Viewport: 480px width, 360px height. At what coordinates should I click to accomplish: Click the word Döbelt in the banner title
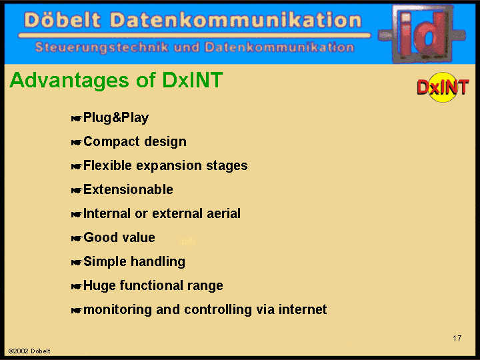(x=62, y=20)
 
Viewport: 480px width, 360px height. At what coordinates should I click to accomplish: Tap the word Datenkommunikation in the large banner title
(x=236, y=20)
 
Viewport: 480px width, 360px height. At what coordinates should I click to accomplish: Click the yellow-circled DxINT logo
(x=443, y=87)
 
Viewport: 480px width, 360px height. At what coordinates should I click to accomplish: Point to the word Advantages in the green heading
(x=69, y=80)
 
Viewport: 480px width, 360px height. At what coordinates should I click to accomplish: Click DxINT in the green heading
(x=192, y=80)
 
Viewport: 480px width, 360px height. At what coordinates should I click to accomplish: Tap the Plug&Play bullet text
(x=116, y=117)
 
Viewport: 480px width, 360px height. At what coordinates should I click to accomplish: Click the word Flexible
(x=107, y=165)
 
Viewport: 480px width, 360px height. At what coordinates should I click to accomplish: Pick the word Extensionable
(x=128, y=189)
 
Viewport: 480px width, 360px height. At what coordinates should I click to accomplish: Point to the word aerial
(x=223, y=213)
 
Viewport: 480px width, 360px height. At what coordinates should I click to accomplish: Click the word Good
(x=99, y=237)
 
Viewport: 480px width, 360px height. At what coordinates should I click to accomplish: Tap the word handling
(x=158, y=262)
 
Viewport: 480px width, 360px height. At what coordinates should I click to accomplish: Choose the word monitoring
(x=117, y=310)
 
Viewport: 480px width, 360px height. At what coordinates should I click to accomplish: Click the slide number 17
(x=457, y=338)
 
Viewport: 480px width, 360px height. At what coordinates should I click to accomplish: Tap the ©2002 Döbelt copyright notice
(x=29, y=351)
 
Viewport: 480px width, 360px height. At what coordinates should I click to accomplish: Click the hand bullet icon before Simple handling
(x=77, y=263)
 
